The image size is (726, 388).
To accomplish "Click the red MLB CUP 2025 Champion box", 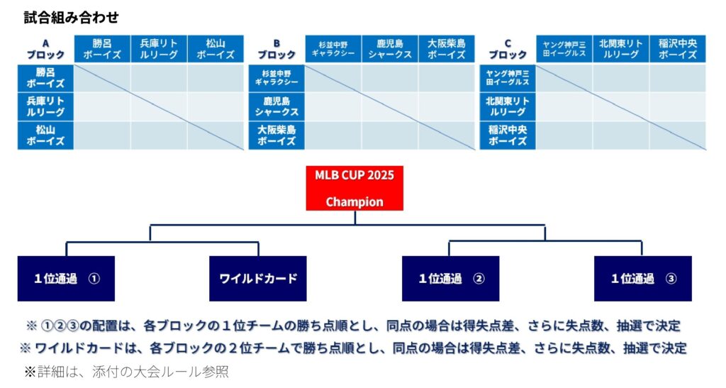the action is (354, 189).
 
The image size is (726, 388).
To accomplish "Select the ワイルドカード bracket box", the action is (258, 279).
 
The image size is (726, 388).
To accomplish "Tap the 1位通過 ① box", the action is (66, 279).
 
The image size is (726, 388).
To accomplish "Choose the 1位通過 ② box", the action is (450, 279).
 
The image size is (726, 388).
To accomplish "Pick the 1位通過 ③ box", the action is (643, 279).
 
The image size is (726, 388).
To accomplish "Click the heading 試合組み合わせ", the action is (72, 18).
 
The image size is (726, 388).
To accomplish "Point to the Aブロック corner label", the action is (45, 49).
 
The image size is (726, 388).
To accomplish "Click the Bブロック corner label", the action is (277, 49).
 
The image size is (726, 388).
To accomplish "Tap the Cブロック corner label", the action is (508, 49).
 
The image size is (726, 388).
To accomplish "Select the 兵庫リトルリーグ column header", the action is (159, 49).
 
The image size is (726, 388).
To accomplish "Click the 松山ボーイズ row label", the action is (45, 135).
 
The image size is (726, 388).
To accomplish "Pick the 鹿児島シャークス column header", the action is (390, 49).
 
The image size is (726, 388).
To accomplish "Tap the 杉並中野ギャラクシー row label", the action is (277, 78).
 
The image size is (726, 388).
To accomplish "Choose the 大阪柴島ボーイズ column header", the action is (447, 49).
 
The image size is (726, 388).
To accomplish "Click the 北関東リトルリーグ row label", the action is (508, 106).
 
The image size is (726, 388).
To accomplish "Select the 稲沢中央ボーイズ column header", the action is (677, 49).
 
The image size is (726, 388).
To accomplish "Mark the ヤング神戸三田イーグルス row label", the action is (508, 78).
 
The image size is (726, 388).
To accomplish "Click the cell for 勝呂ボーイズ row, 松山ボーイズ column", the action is (216, 78).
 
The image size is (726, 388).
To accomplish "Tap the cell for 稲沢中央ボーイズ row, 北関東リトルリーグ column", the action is (621, 135).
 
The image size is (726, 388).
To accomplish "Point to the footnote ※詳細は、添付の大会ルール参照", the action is (126, 372).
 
